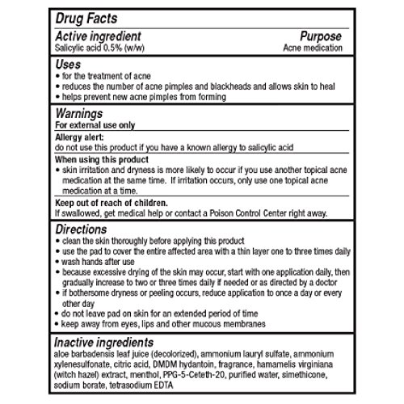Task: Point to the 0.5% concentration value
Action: (x=114, y=48)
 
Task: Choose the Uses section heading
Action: (x=67, y=62)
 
